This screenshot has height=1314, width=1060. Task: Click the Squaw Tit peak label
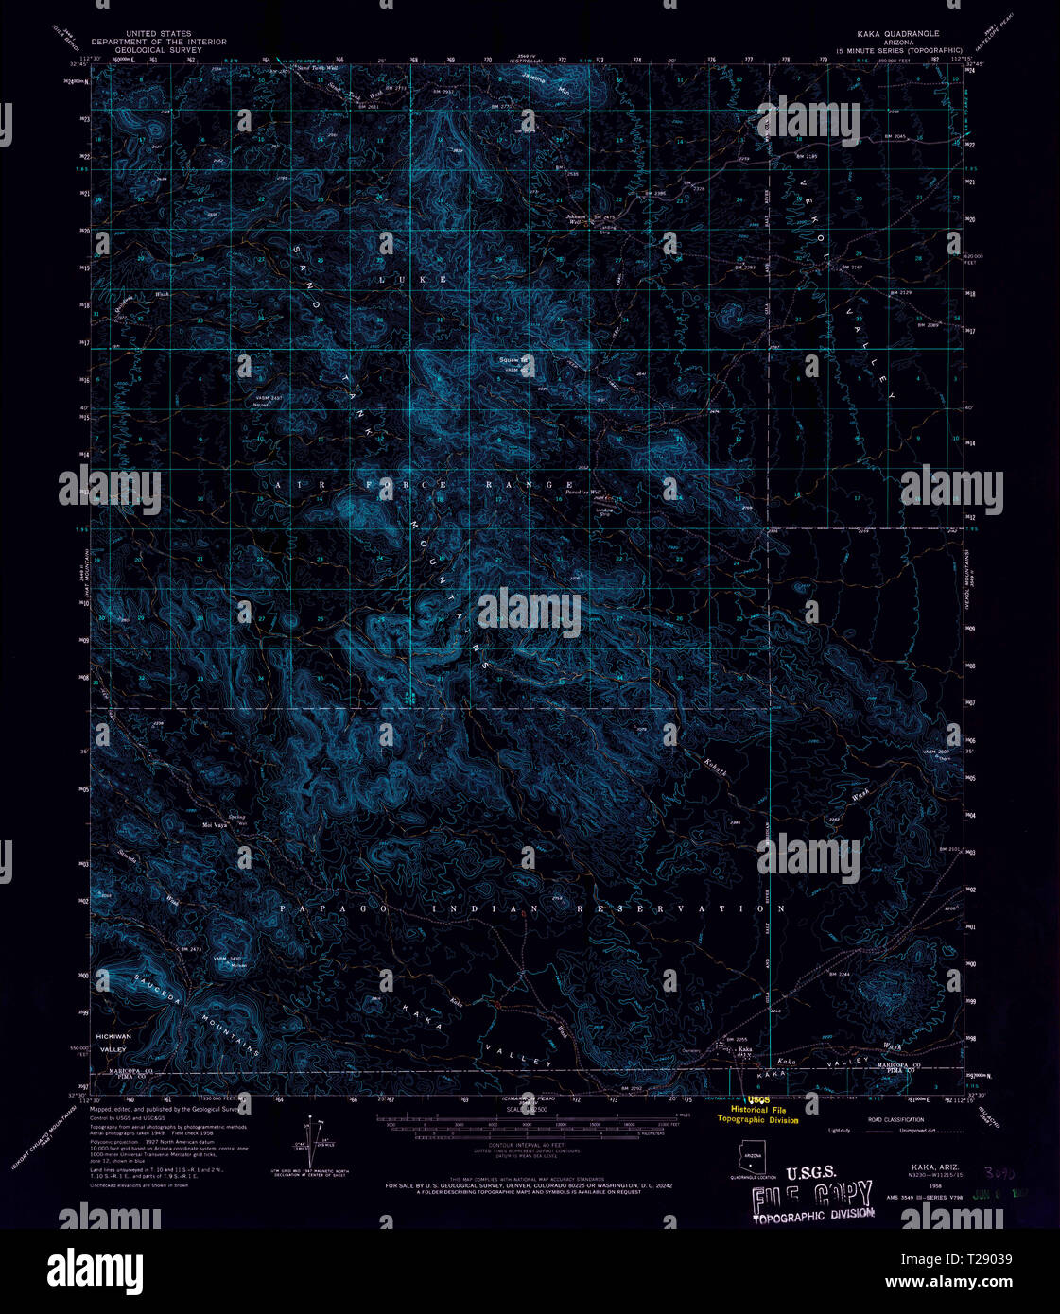point(512,360)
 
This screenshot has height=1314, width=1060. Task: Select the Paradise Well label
point(584,493)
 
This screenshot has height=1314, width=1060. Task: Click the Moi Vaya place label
point(216,824)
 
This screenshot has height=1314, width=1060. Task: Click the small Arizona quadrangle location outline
point(754,1156)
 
